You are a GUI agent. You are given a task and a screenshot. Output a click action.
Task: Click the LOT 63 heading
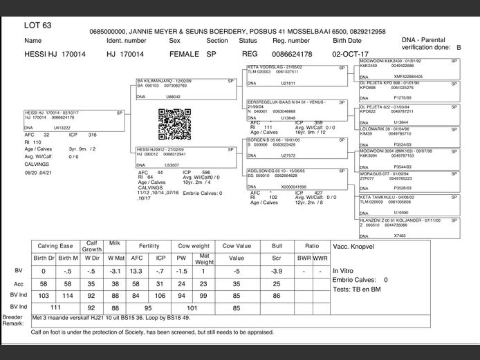[x=37, y=26]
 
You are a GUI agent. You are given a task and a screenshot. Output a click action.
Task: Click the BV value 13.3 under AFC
[x=136, y=271]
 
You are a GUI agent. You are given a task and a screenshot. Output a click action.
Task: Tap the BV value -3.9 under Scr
[x=277, y=271]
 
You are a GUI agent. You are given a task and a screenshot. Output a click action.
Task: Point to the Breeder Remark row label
[x=13, y=320]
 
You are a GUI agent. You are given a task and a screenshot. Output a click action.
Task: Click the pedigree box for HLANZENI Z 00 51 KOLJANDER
[x=408, y=227]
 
